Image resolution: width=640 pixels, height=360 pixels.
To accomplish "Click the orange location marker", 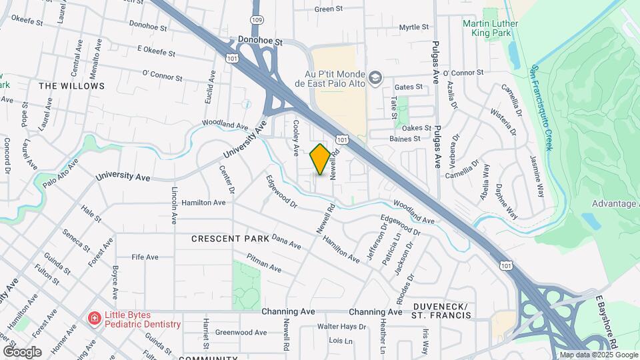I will click(320, 159).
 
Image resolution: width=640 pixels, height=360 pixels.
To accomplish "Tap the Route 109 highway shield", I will click(257, 21).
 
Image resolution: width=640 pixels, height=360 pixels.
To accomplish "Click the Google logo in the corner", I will click(22, 351).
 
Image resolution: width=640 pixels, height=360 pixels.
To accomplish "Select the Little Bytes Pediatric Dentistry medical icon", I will click(95, 319).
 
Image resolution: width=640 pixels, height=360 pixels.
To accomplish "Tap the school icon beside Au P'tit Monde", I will click(375, 79).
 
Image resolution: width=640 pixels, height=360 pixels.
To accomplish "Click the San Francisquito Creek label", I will click(541, 108).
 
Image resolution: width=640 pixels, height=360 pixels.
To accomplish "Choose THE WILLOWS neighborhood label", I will click(71, 86).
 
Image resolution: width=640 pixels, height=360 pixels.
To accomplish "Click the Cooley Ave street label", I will click(294, 138).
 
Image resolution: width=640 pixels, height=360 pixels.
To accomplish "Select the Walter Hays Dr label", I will click(341, 327).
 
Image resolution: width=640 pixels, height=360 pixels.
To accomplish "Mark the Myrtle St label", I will click(414, 27).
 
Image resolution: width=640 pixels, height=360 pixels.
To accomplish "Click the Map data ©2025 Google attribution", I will click(599, 355).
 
